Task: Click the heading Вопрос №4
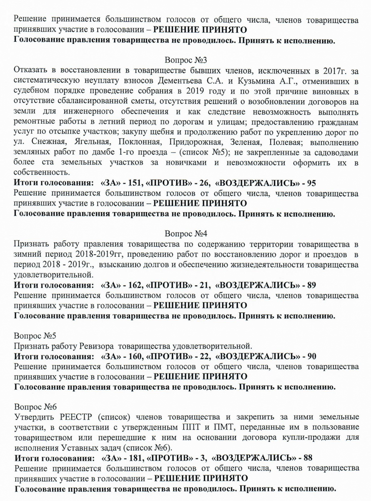tap(185, 233)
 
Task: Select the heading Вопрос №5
tap(35, 335)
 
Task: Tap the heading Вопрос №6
tap(35, 406)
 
